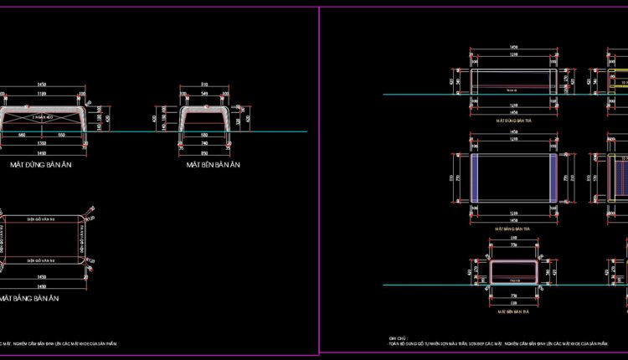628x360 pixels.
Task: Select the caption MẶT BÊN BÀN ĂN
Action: click(213, 166)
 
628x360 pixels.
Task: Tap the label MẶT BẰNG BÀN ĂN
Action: click(32, 298)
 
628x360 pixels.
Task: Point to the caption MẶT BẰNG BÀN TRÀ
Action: click(514, 228)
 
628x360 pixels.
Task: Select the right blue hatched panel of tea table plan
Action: click(550, 177)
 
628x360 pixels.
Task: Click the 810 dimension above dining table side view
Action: click(205, 85)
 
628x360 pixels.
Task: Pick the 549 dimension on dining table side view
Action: click(205, 94)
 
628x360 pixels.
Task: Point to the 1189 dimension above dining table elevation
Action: click(42, 94)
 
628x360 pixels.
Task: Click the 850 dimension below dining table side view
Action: click(205, 154)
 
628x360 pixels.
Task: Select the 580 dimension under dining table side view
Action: click(205, 135)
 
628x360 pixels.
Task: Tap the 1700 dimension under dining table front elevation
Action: click(42, 144)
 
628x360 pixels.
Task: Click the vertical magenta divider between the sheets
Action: click(320, 180)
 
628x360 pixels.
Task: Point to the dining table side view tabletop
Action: click(205, 109)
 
